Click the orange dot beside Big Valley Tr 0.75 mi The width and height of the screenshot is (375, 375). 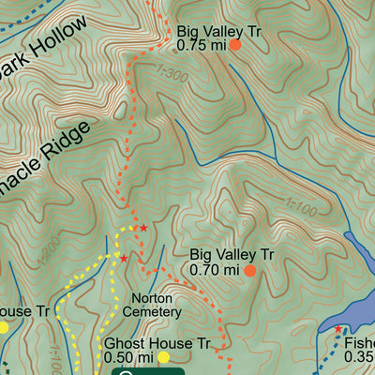coord(235,45)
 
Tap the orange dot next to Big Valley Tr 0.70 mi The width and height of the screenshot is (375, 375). coord(250,270)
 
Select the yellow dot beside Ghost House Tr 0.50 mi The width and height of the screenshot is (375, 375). coord(163,357)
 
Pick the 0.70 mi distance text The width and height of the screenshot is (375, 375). coord(215,270)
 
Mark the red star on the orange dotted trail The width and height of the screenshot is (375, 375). coord(143,228)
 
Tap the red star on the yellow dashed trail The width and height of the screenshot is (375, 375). coord(123,258)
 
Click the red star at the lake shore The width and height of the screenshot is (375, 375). coord(338,328)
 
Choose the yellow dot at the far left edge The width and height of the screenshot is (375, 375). coord(3,327)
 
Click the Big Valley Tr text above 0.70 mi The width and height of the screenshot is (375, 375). coord(232,254)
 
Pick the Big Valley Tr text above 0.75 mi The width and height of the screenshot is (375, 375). coord(217,30)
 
